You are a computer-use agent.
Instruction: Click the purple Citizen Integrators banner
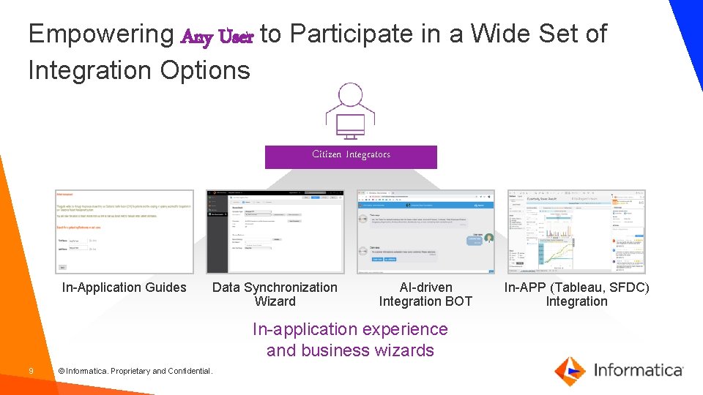[351, 156]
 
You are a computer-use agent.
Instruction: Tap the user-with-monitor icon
[350, 112]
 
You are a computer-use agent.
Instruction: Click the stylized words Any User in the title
[217, 36]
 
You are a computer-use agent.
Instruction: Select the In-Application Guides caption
[124, 287]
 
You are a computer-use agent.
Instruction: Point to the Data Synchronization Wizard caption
[275, 294]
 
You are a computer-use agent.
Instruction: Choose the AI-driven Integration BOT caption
[425, 294]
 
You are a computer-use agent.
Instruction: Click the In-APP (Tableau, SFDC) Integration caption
[576, 294]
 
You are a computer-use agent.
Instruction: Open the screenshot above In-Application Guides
[124, 232]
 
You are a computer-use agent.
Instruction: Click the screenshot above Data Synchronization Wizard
[275, 232]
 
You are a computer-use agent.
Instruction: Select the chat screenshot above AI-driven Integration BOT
[425, 232]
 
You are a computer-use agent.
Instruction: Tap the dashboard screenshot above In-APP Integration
[576, 232]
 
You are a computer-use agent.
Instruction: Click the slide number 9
[31, 371]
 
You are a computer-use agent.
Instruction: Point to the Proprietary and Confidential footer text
[135, 372]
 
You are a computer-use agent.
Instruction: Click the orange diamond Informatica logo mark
[569, 370]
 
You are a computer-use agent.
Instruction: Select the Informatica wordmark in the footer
[638, 370]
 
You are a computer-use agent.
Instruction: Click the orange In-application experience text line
[350, 329]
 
